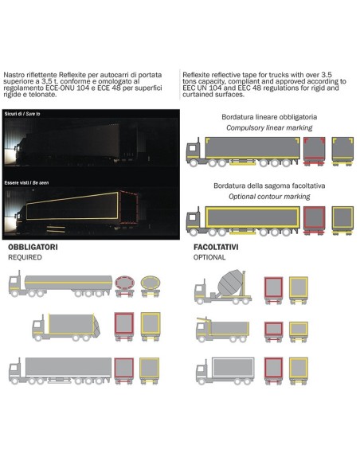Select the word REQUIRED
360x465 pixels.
click(25, 258)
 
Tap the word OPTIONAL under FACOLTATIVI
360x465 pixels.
click(210, 258)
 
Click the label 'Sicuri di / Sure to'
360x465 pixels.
click(22, 114)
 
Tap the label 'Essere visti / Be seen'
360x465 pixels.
click(25, 182)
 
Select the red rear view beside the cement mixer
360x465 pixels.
click(274, 288)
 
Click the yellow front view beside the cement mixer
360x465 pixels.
click(299, 288)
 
